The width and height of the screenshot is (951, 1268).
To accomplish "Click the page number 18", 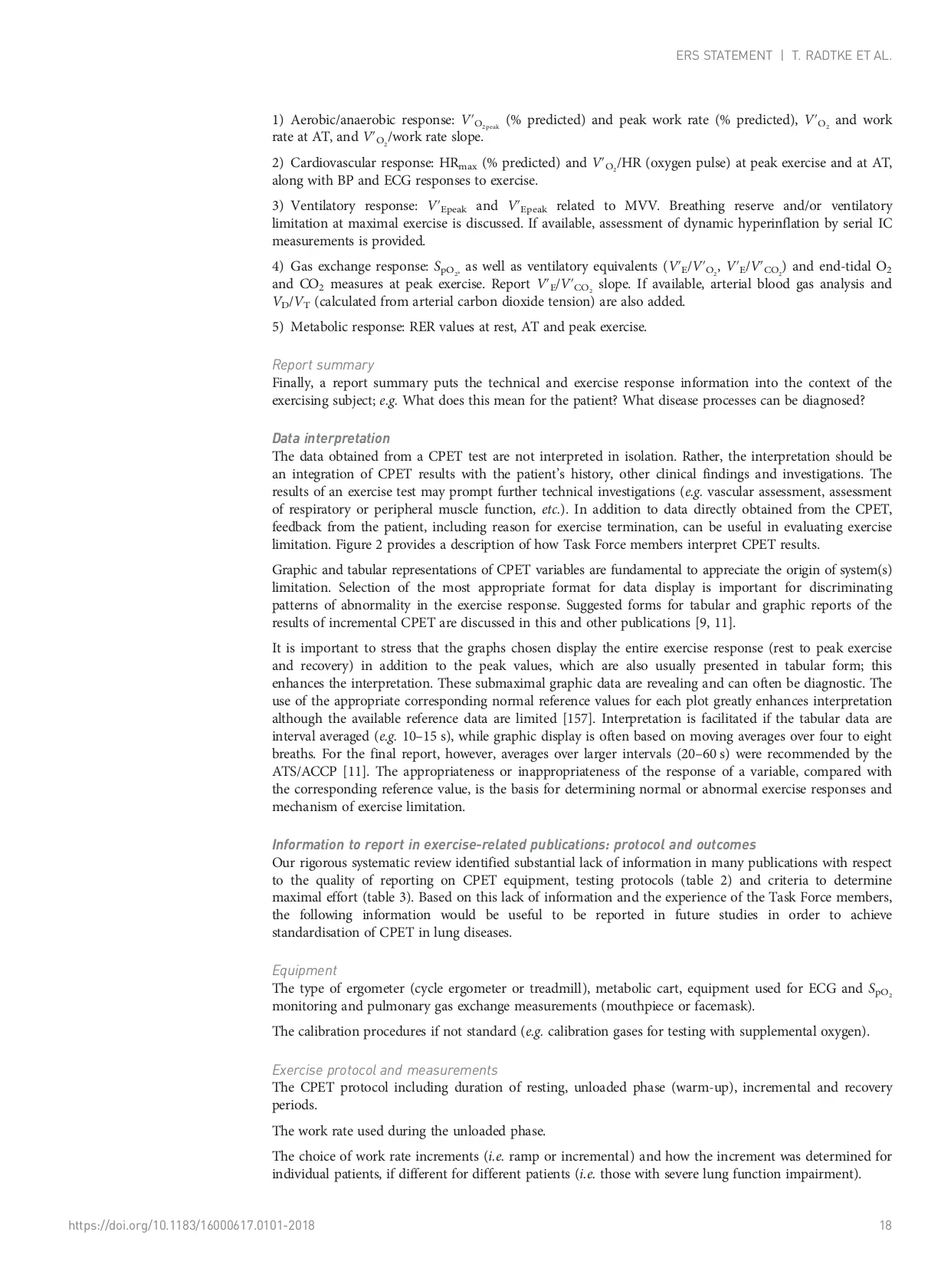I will coord(885,1226).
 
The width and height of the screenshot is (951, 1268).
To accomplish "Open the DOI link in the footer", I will coord(192,1226).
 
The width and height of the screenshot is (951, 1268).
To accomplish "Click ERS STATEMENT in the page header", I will coord(723,56).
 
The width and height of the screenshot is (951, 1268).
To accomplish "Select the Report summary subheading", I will coord(323,365).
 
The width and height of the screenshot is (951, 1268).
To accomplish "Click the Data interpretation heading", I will coord(330,439).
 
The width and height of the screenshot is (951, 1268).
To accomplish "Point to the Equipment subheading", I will coord(303,971).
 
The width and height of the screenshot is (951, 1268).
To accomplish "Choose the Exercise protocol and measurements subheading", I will coord(385,1070).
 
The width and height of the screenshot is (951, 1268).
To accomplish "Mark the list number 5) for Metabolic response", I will coord(278,327).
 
